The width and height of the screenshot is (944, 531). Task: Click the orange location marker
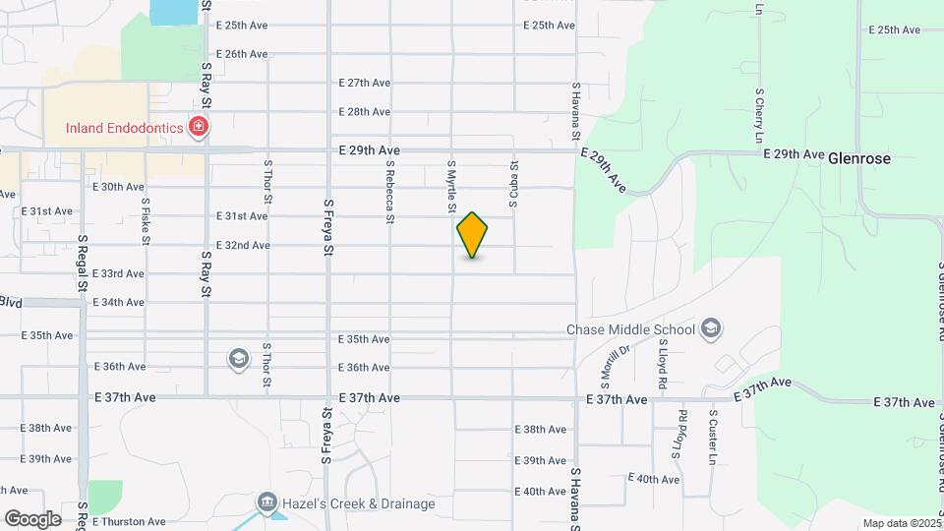click(x=472, y=234)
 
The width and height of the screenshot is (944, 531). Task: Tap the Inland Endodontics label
click(x=127, y=127)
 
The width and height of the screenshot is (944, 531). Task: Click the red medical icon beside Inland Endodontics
click(x=199, y=127)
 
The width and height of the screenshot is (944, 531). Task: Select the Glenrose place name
click(x=858, y=157)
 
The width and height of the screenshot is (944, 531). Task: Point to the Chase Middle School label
click(x=630, y=329)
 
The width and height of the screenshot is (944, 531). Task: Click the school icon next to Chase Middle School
click(x=712, y=328)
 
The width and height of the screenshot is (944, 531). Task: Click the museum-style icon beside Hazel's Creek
click(x=266, y=503)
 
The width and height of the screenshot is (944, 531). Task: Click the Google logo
click(x=31, y=518)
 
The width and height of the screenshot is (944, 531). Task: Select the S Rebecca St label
click(x=390, y=192)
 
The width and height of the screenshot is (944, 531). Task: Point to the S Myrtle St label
click(x=451, y=187)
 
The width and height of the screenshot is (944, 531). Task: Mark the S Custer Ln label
click(x=712, y=438)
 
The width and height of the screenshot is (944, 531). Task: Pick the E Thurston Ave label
click(x=130, y=522)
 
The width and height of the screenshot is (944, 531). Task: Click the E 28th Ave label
click(x=364, y=112)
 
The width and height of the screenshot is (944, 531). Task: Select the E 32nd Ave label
click(x=243, y=245)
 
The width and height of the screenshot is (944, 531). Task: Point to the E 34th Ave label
click(x=119, y=302)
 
